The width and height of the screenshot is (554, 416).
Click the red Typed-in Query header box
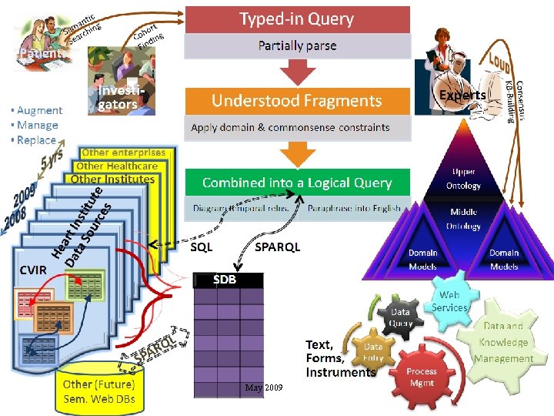point(296,18)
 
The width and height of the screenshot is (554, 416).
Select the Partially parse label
point(296,45)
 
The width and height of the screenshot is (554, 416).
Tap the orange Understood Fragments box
point(296,100)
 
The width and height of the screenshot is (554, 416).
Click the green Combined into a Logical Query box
point(296,183)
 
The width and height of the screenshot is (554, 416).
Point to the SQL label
point(202,247)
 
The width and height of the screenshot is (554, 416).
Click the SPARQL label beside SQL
point(277,247)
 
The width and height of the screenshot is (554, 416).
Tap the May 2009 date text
point(263,387)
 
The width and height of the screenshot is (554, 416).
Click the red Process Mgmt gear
point(422,377)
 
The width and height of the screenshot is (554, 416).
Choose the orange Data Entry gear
point(373,352)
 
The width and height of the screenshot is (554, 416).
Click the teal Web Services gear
point(449,301)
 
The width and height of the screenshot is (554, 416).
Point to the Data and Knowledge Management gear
point(503,343)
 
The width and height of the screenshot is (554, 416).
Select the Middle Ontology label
point(463,219)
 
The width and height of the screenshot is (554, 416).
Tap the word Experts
point(462,95)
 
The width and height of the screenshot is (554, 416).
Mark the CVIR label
point(33,270)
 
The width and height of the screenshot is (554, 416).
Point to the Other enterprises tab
point(123,153)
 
